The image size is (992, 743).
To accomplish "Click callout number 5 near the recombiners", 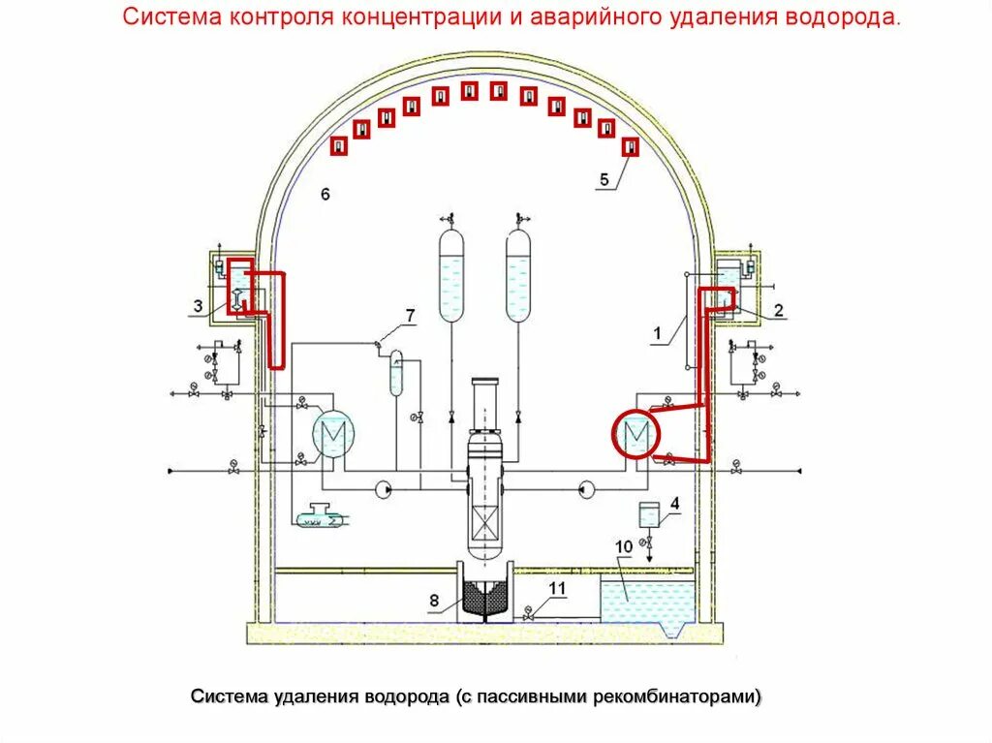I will [x=604, y=179].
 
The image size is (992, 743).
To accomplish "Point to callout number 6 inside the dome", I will [x=325, y=195].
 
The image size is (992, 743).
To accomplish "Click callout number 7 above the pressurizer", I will [x=410, y=315].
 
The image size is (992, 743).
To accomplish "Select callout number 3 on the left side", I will [x=197, y=307].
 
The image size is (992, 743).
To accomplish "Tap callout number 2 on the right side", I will [x=778, y=310].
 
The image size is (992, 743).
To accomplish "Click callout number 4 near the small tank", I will [x=675, y=504].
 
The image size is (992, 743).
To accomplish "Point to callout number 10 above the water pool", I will [x=623, y=547].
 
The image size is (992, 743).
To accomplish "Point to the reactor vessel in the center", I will [x=483, y=465].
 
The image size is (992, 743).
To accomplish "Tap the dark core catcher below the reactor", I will [x=484, y=598].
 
